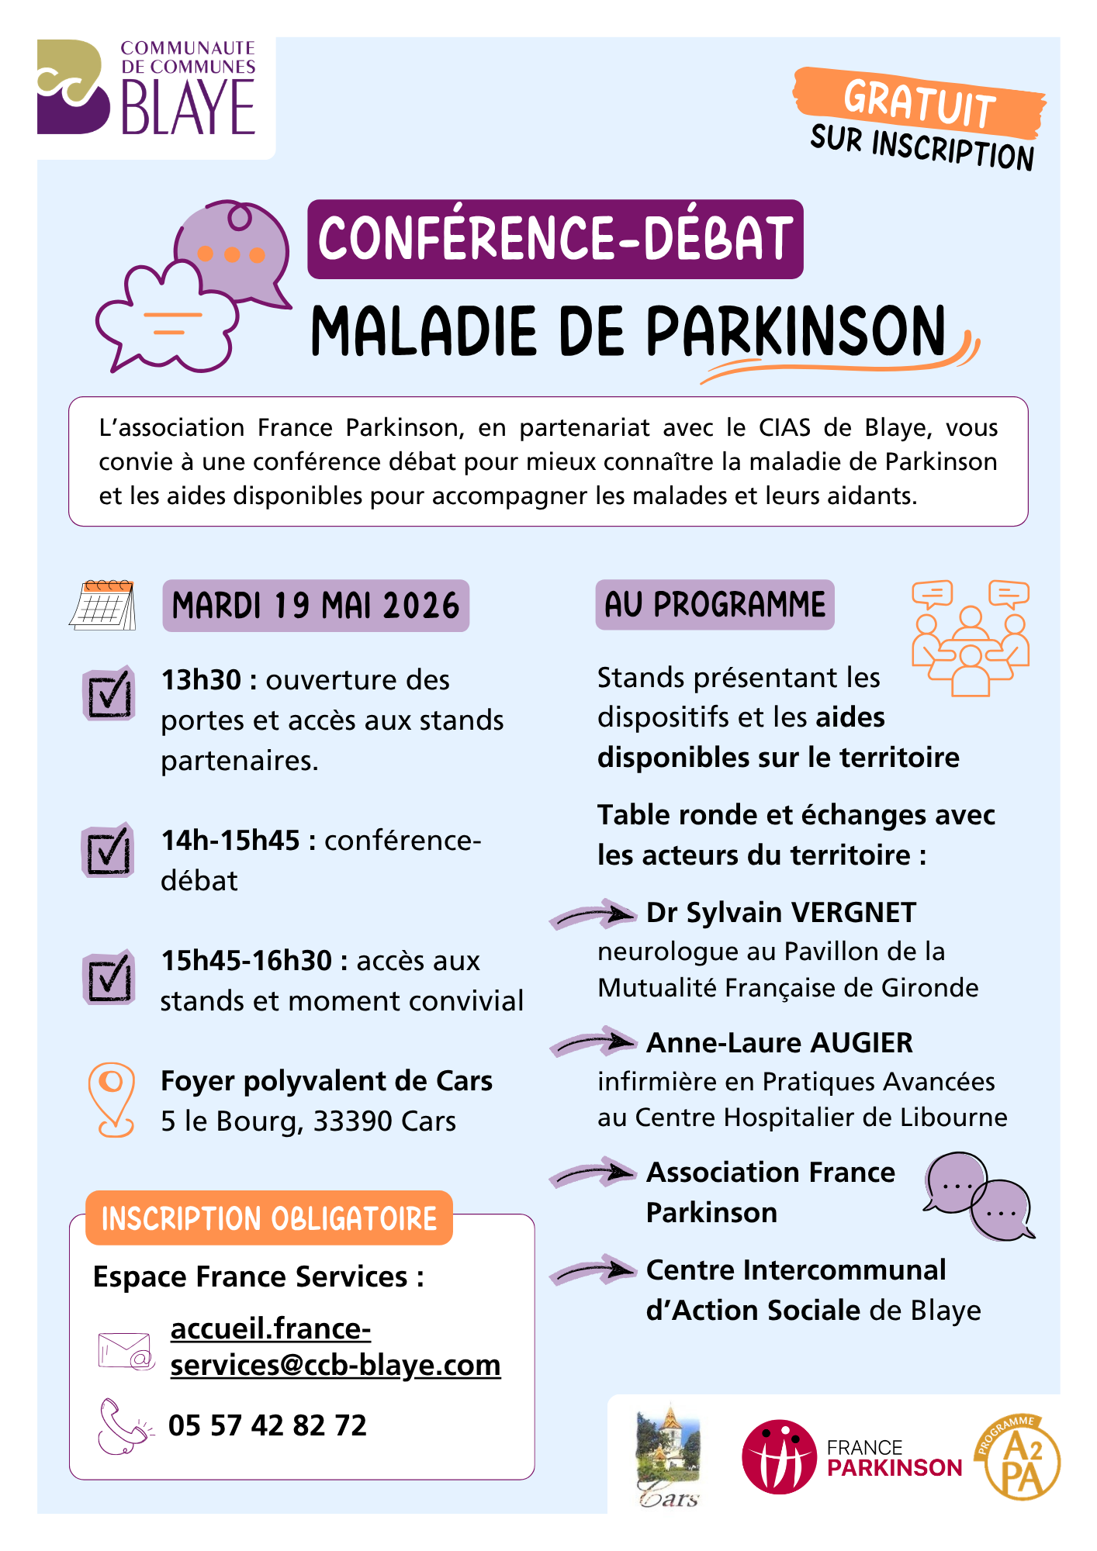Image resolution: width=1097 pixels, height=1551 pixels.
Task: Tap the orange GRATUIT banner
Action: (919, 102)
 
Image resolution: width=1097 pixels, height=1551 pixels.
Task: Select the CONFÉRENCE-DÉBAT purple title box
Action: (555, 239)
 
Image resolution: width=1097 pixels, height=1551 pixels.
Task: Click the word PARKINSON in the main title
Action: (795, 332)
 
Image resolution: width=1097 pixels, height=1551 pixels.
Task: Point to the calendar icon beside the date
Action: (103, 605)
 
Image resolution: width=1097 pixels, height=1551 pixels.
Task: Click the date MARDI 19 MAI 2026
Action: (316, 606)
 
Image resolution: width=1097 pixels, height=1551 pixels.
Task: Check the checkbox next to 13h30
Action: (109, 693)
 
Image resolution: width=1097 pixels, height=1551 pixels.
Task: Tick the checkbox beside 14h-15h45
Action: (109, 851)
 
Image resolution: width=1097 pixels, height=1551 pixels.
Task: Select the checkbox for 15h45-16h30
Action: (109, 977)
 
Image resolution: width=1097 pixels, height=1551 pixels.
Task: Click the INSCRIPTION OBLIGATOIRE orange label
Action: (268, 1218)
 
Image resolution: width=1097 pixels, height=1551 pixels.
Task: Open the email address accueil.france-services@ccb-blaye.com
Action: (335, 1347)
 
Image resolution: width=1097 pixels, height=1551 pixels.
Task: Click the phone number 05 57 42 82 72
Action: (268, 1425)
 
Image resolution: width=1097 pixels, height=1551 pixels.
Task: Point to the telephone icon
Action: (124, 1425)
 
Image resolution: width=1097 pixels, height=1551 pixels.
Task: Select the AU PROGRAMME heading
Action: (715, 605)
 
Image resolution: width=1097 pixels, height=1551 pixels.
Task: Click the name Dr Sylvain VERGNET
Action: (781, 913)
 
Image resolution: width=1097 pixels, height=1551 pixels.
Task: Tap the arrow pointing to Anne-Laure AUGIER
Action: (593, 1043)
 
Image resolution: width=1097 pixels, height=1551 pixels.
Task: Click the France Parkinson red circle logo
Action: (778, 1457)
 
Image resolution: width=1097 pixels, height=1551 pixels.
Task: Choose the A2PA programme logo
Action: (1018, 1458)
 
